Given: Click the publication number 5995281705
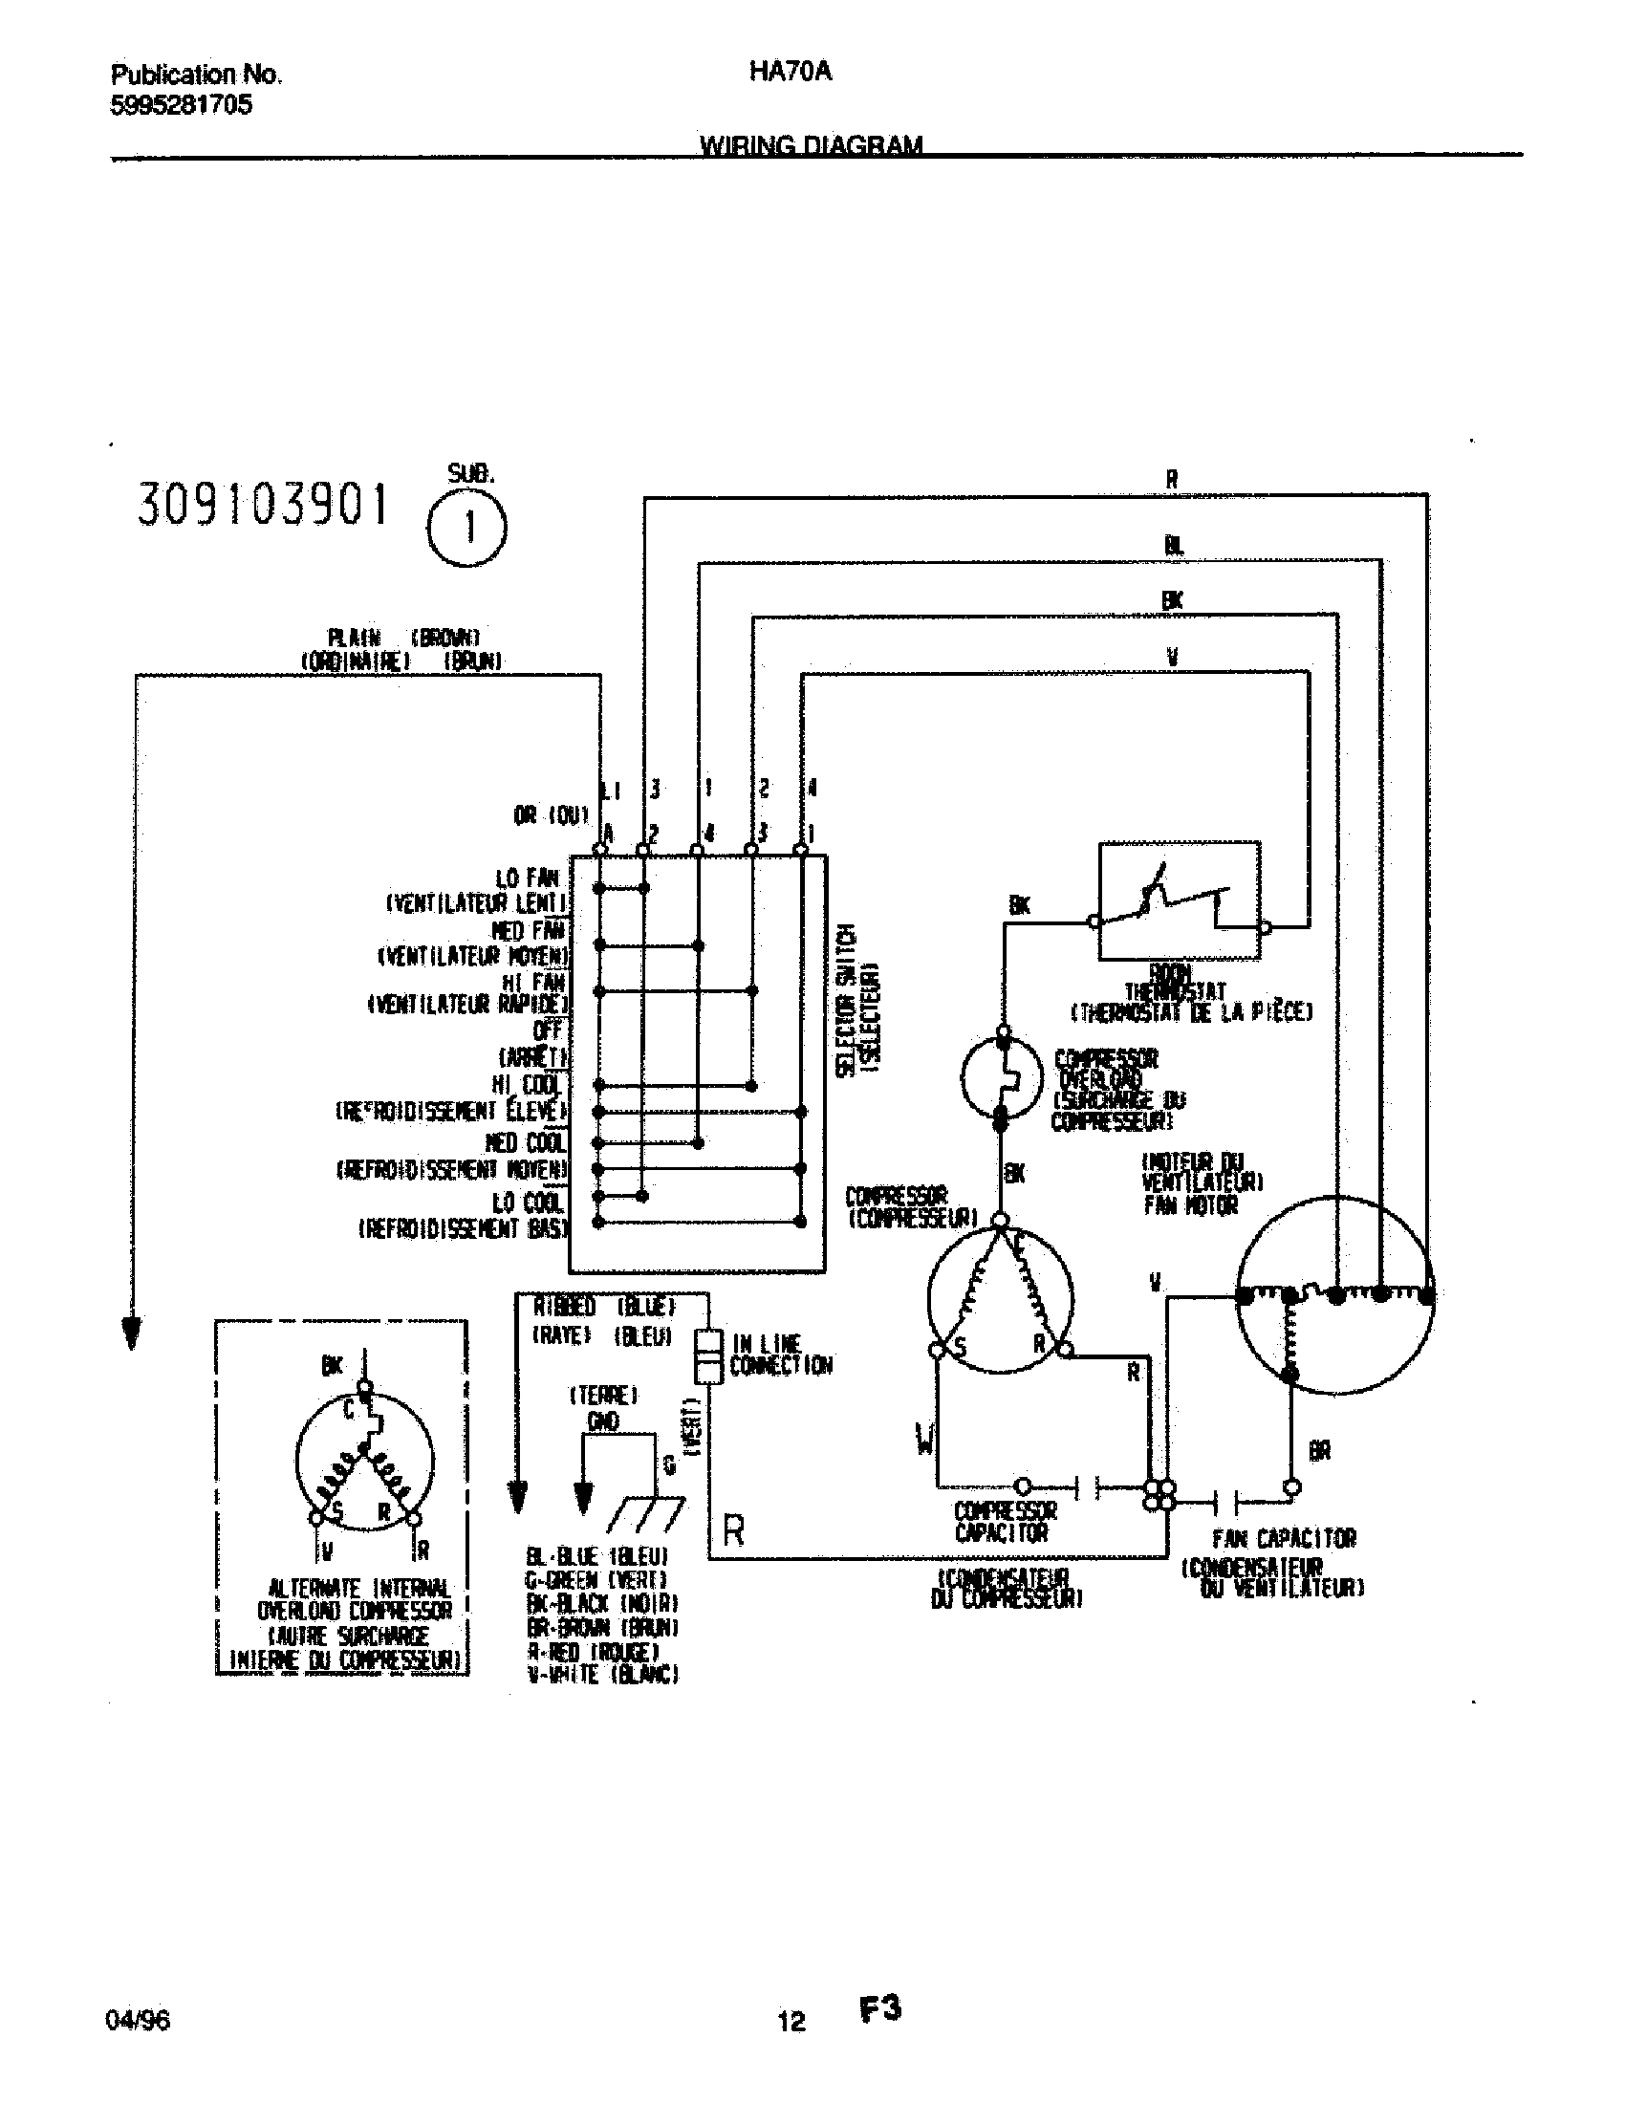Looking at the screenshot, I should [x=181, y=105].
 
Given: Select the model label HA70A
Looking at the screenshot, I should [x=790, y=73].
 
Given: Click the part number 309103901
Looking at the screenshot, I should [x=264, y=506].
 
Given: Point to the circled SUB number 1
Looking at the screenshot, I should [x=466, y=529].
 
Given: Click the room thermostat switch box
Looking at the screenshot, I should [x=1180, y=900].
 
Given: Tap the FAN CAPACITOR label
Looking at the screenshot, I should [x=1283, y=1538].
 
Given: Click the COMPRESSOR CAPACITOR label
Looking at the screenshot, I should [x=1005, y=1522].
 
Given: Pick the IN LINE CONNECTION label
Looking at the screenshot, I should [x=781, y=1355].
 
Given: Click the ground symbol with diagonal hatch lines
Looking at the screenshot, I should [x=647, y=1514].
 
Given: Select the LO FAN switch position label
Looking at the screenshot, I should [x=528, y=878].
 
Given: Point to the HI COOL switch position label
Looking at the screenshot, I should [x=528, y=1085].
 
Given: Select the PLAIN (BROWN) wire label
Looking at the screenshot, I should [x=402, y=638].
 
